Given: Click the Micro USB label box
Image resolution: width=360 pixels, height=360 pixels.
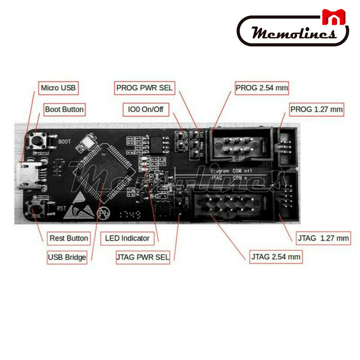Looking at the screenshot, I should tap(58, 88).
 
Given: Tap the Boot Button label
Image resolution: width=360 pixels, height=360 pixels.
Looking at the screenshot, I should tap(64, 109).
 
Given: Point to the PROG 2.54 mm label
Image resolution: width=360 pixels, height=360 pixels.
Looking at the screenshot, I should tap(262, 87).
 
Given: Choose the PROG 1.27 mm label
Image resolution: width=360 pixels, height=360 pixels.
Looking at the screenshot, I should tap(317, 109).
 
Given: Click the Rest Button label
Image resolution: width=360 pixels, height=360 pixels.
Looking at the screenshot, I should tap(69, 238).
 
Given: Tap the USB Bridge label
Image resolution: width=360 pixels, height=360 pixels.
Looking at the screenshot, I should tap(67, 257).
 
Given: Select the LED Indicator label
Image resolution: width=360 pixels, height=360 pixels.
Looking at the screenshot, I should tap(127, 238).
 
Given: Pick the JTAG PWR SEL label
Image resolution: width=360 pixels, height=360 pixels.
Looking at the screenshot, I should tap(143, 257).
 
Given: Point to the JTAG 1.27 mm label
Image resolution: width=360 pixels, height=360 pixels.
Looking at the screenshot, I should tap(323, 238).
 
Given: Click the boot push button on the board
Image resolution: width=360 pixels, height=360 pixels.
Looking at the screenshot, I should tap(37, 141).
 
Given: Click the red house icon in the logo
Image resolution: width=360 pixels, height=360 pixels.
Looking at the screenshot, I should tap(334, 17).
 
